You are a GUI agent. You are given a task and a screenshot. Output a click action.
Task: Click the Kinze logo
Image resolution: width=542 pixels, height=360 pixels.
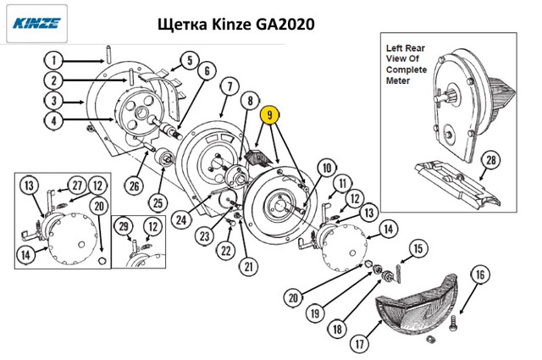tap(36, 24)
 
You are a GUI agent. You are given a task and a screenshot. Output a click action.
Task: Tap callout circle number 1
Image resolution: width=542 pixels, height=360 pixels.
tap(53, 60)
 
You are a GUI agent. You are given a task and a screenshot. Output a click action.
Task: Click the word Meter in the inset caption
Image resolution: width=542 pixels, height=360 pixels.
tap(401, 81)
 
